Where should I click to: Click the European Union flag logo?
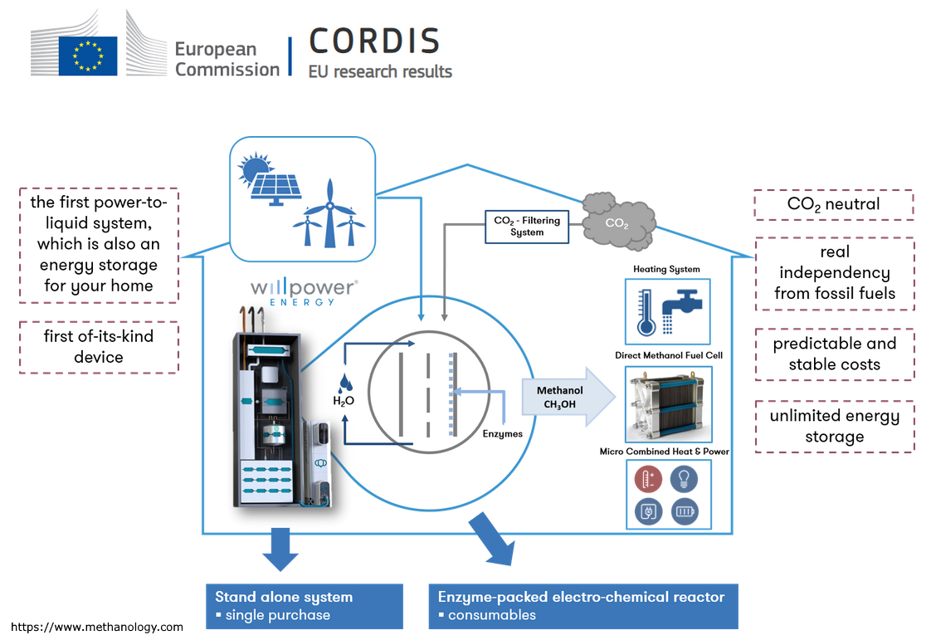[87, 56]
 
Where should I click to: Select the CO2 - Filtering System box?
[527, 226]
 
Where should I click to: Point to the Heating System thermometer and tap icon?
[667, 311]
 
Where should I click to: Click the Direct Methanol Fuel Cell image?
[667, 403]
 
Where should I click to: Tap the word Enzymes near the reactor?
[503, 433]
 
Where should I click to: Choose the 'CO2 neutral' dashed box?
[833, 204]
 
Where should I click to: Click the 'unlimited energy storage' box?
[834, 426]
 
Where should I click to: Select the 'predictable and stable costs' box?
[834, 354]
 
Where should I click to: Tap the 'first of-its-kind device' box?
[98, 347]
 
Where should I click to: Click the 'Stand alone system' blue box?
[304, 606]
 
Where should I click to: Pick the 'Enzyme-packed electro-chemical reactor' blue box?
[582, 606]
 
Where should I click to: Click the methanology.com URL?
[97, 627]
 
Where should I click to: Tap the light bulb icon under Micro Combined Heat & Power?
[685, 478]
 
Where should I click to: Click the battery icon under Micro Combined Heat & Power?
[685, 511]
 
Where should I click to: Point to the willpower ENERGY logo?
[305, 291]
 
